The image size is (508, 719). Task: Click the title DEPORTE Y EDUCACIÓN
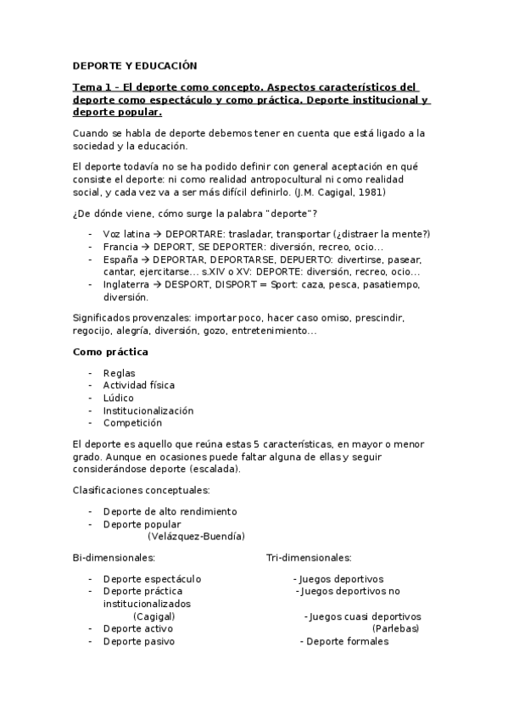click(x=134, y=64)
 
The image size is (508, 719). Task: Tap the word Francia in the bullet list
click(x=121, y=247)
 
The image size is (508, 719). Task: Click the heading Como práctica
click(x=110, y=351)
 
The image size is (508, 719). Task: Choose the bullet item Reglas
click(x=119, y=372)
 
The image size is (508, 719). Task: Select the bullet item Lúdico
click(x=118, y=398)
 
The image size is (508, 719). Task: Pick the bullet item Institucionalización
click(x=148, y=410)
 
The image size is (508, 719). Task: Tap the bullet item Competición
click(x=132, y=423)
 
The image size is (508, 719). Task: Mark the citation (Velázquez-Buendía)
click(x=196, y=536)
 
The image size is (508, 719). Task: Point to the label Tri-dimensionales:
click(x=309, y=557)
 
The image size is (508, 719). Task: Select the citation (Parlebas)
click(x=395, y=629)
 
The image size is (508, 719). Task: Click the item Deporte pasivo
click(x=139, y=642)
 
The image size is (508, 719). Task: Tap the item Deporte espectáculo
click(x=152, y=579)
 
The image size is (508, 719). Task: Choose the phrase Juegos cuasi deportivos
click(x=365, y=616)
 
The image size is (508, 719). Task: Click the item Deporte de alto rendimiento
click(x=170, y=511)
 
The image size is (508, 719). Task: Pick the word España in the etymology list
click(x=121, y=259)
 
